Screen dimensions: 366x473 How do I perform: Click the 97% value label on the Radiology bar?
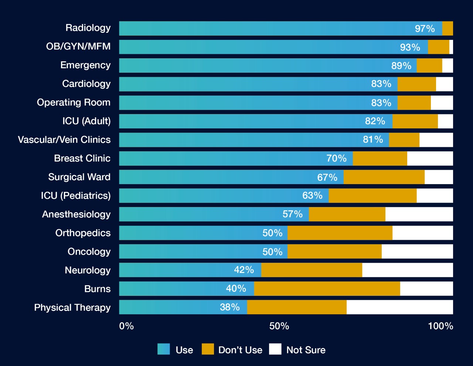(x=425, y=28)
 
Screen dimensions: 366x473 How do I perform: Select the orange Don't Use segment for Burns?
(x=327, y=289)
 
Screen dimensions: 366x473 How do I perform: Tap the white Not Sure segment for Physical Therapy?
(x=399, y=307)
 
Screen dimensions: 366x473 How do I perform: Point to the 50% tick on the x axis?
(x=279, y=326)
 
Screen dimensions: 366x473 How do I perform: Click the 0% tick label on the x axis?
(x=126, y=326)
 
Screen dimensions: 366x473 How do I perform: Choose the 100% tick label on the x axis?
(x=440, y=326)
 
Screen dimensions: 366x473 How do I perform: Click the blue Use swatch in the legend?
(x=164, y=349)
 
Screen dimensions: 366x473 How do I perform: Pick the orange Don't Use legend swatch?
(x=208, y=349)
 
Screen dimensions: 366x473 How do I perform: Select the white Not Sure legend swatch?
(x=275, y=349)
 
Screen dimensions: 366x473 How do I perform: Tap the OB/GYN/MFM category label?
(x=78, y=46)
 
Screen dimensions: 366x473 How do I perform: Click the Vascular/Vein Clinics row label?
(x=64, y=140)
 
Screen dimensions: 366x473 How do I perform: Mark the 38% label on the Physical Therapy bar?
(x=230, y=307)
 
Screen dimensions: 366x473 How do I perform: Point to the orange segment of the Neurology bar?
(x=312, y=270)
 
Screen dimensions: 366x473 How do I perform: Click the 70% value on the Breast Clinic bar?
(x=336, y=158)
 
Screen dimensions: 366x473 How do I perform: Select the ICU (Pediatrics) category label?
(x=76, y=196)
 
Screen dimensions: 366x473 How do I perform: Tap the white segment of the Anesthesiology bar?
(x=419, y=214)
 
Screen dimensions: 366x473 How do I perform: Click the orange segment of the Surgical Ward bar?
(x=384, y=177)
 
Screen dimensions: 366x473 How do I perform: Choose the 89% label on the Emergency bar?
(x=401, y=66)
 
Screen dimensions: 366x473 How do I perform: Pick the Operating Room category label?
(x=74, y=103)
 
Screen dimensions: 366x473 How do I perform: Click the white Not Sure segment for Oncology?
(x=417, y=251)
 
